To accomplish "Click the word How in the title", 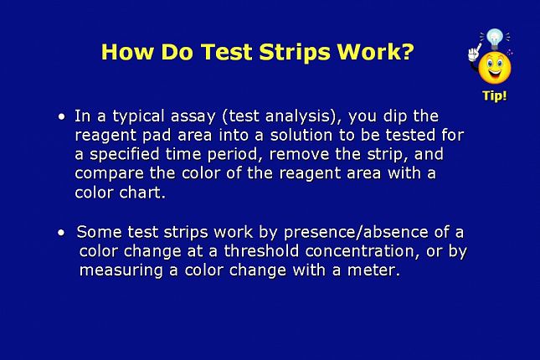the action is pos(127,52).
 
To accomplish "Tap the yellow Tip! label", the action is pos(495,95).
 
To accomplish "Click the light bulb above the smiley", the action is pos(495,39).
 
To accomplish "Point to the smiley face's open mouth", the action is pos(495,73).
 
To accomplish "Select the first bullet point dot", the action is pos(62,116).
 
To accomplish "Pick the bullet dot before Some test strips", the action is pos(61,233).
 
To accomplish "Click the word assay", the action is pos(193,116).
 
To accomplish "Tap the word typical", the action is pos(138,116).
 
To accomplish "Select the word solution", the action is pos(301,135).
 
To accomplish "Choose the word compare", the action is pos(109,174).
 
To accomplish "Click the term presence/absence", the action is pos(356,233).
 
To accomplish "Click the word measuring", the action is pos(121,270).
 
